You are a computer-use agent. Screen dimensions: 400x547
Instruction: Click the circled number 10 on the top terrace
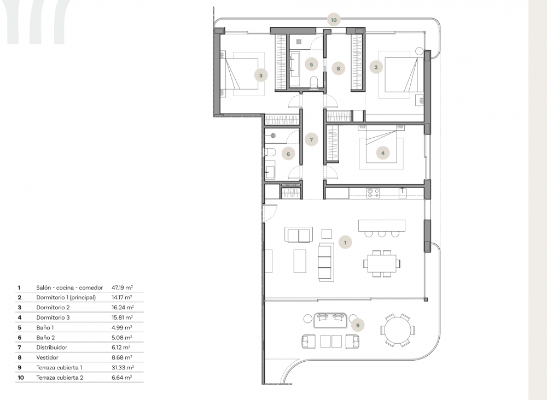(x=334, y=20)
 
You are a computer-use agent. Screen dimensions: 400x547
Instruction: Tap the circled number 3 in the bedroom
(x=261, y=75)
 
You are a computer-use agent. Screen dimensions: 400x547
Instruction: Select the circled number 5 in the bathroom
(x=311, y=64)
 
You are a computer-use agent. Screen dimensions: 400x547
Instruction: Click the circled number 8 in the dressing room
(x=338, y=69)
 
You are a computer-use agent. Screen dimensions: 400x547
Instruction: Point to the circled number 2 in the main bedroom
(x=376, y=67)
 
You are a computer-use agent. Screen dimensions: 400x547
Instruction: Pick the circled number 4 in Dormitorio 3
(x=383, y=154)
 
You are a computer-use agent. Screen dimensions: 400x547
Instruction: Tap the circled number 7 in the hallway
(x=311, y=140)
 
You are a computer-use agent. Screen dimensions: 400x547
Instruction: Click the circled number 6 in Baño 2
(x=288, y=154)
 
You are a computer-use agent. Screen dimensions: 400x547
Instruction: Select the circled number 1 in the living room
(x=345, y=241)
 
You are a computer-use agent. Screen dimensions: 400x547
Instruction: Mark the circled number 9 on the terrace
(x=357, y=326)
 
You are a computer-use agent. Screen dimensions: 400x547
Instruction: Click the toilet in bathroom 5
(x=314, y=83)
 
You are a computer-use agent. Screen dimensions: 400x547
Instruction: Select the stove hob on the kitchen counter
(x=373, y=192)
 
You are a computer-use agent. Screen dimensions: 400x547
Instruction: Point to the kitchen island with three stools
(x=381, y=225)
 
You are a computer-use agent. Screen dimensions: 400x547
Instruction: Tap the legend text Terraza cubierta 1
(x=59, y=367)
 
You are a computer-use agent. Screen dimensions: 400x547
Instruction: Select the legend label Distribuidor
(x=51, y=347)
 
